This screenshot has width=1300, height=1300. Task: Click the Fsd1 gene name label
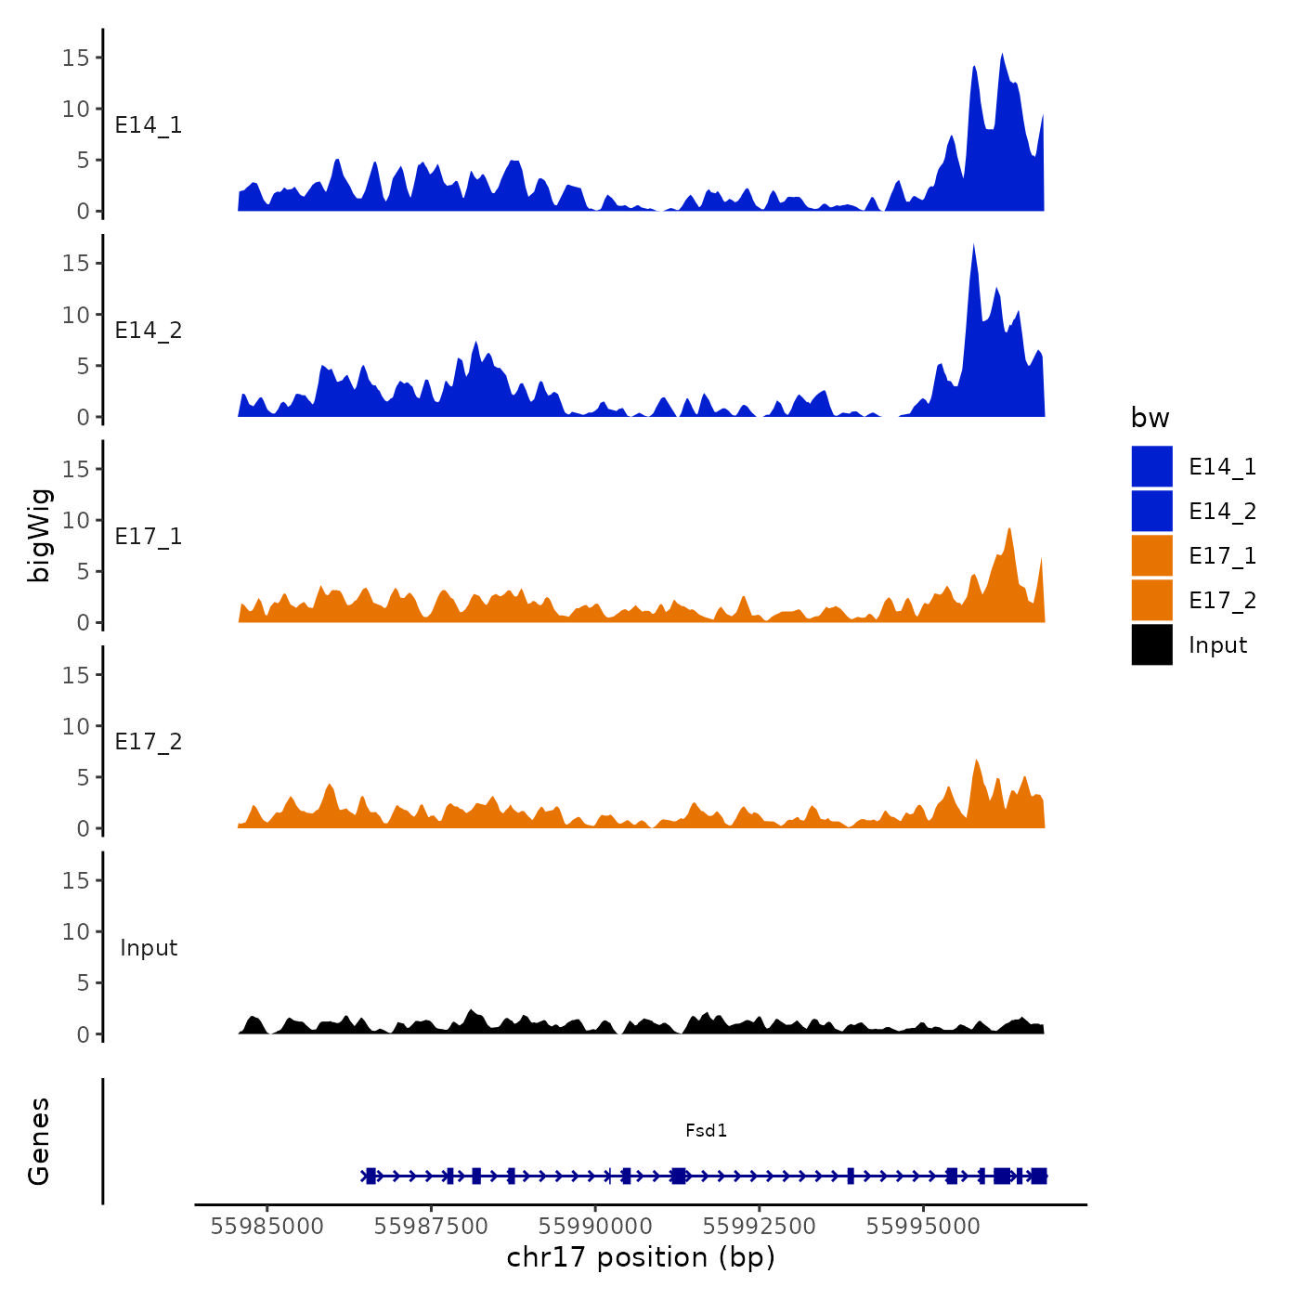[x=706, y=1130]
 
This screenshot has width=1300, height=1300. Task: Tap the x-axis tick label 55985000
[x=267, y=1226]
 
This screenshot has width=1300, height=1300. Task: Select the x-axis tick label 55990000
[x=595, y=1226]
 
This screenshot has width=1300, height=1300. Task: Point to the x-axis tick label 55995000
[x=923, y=1226]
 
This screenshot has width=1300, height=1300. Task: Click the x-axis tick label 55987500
[x=431, y=1226]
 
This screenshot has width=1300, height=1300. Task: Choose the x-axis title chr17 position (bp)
[x=641, y=1257]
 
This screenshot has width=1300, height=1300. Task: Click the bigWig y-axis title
[x=39, y=535]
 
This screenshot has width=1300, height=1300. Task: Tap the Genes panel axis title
[x=39, y=1141]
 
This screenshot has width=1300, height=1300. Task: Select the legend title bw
[x=1150, y=418]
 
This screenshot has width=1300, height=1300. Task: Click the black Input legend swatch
[x=1151, y=644]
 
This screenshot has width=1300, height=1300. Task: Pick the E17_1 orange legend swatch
[x=1151, y=555]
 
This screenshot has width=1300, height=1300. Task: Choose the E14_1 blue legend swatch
[x=1151, y=466]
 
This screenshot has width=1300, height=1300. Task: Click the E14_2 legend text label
[x=1222, y=512]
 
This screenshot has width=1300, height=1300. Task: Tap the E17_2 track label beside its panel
[x=149, y=742]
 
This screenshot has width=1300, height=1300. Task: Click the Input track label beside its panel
[x=149, y=948]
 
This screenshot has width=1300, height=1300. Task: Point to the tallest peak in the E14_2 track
[x=973, y=246]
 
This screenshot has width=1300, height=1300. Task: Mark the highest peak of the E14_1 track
[x=1002, y=56]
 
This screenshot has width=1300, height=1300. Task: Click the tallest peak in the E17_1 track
[x=1008, y=530]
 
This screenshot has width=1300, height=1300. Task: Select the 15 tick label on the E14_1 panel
[x=76, y=58]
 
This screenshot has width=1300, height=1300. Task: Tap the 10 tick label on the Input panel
[x=76, y=931]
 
